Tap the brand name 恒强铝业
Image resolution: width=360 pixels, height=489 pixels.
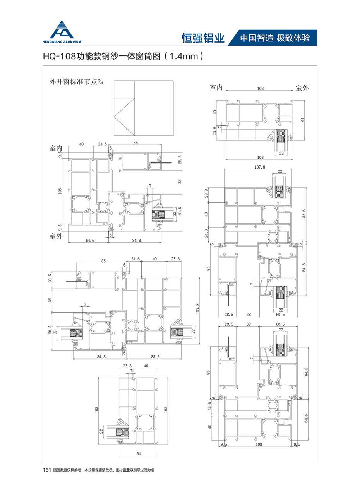pos(203,38)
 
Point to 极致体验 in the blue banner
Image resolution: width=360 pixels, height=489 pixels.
pos(294,38)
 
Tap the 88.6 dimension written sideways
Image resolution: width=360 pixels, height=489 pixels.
pos(305,213)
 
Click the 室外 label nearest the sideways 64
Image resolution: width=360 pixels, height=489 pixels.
pos(302,88)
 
